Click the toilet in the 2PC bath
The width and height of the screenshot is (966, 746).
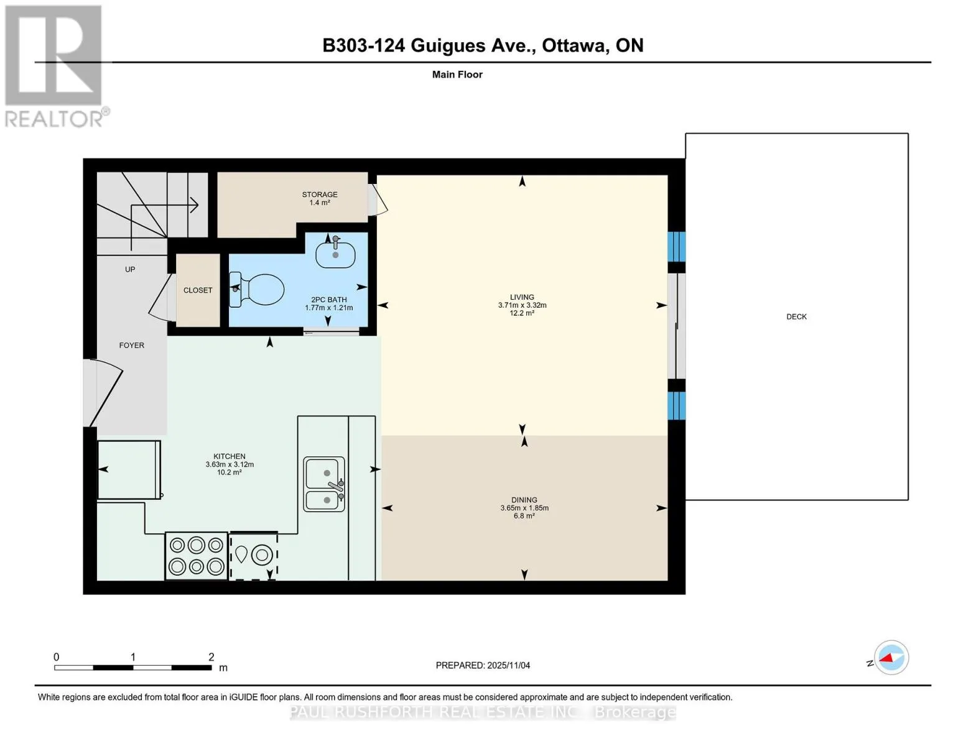point(257,289)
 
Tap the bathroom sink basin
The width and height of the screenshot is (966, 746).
point(336,255)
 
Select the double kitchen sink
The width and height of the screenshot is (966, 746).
point(324,484)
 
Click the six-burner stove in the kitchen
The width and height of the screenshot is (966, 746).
point(197,556)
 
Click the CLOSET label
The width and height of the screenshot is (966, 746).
point(198,290)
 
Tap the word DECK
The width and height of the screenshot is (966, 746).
point(797,317)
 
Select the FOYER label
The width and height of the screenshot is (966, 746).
point(132,345)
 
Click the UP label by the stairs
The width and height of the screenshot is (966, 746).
point(130,269)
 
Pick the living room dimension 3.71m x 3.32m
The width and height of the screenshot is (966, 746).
point(522,305)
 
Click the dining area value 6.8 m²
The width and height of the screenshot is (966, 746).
point(524,516)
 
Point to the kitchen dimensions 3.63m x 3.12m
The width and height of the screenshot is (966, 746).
point(230,465)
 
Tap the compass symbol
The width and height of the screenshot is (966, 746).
point(891,658)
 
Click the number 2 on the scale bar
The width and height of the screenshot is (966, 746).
point(211,657)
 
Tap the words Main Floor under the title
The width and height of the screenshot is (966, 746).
point(457,75)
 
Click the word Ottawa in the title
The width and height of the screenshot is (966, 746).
point(575,45)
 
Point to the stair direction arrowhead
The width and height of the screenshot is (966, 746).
point(194,205)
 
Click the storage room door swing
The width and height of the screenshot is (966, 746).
point(378,200)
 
